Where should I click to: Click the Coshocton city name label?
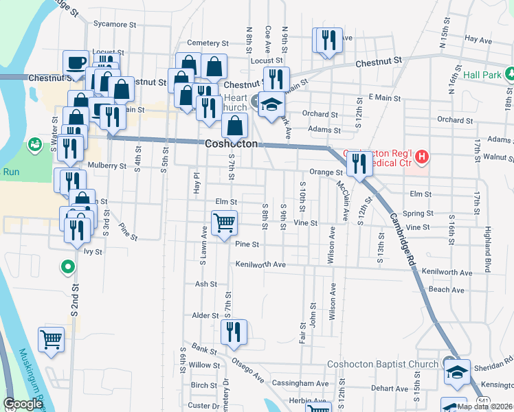(x=232, y=144)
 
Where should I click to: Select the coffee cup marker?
(x=76, y=63)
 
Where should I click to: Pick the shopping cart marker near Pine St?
(x=224, y=224)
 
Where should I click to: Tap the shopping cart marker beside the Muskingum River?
(x=52, y=339)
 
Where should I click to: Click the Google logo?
(x=23, y=404)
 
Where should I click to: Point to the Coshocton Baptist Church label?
(x=383, y=364)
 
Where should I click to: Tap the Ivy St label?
(x=93, y=252)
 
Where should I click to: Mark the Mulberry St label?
(x=108, y=165)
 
